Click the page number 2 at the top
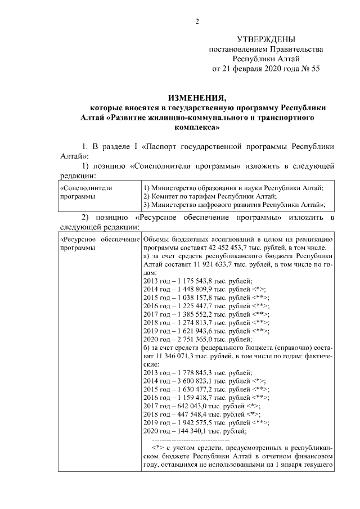click(197, 22)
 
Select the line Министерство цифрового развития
click(235, 205)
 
